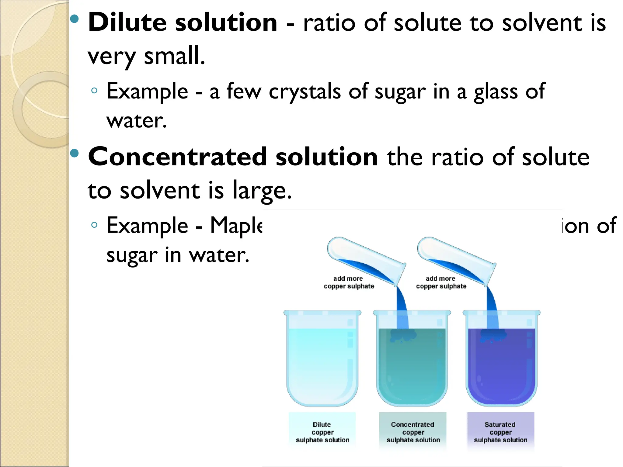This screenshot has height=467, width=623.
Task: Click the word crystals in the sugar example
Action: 305,92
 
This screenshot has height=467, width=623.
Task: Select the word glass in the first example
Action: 496,92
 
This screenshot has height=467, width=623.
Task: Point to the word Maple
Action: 236,226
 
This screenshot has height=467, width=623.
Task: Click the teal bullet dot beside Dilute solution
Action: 74,19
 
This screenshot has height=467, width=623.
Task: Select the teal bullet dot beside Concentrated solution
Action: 74,153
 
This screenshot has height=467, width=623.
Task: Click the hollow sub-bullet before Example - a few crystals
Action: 94,90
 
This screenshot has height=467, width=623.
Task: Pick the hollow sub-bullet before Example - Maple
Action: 94,225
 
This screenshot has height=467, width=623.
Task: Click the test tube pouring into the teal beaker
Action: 366,260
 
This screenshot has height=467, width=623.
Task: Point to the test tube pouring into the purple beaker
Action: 456,260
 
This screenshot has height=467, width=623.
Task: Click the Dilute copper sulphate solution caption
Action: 322,432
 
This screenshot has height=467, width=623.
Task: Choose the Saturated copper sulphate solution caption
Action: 500,432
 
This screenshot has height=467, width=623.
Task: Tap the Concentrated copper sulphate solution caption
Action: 413,432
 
